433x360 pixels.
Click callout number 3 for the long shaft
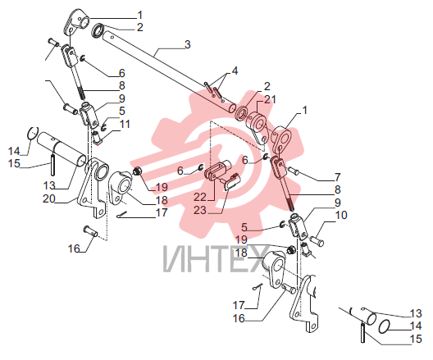[188, 44]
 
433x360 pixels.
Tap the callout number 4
[235, 71]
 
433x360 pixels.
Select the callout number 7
[337, 176]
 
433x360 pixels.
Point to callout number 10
[341, 215]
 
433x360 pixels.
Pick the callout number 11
[125, 124]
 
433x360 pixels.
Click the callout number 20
[49, 198]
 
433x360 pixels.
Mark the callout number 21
[270, 99]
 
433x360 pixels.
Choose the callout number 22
[200, 197]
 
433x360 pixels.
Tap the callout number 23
[200, 210]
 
